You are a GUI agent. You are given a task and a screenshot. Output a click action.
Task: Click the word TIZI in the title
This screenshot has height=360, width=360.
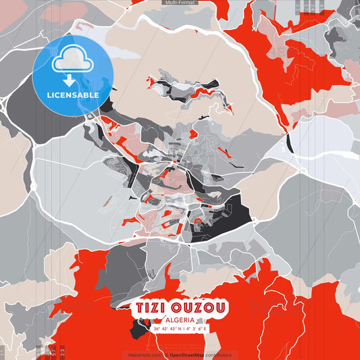(x=149, y=308)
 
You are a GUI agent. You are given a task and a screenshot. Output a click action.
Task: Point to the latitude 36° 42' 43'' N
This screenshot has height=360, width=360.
(x=168, y=329)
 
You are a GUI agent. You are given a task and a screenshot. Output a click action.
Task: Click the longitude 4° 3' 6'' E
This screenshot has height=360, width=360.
(x=195, y=329)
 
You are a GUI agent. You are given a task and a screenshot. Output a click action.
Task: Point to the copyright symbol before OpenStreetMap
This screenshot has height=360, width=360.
(x=166, y=355)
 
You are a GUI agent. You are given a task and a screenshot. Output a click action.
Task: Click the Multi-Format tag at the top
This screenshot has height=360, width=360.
(x=180, y=3)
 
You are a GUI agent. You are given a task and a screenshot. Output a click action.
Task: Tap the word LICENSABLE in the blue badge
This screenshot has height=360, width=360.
(x=73, y=95)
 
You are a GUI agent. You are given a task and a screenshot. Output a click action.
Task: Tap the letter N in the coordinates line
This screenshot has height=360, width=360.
(x=180, y=329)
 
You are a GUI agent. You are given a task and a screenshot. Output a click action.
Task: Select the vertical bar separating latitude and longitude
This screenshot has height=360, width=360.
(x=184, y=329)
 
